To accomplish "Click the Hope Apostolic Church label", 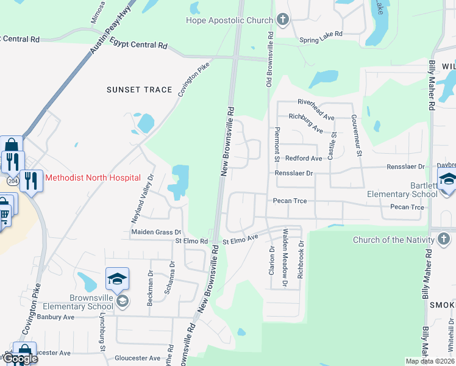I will click(x=229, y=21).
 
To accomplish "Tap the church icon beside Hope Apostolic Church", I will click(x=282, y=20).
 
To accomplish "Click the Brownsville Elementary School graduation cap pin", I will click(x=117, y=280).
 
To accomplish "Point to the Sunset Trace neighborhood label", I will click(x=140, y=90).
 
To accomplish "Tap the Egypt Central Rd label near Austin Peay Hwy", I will click(x=138, y=43).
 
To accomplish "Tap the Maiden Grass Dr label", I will click(x=157, y=232).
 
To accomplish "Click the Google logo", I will click(x=20, y=359).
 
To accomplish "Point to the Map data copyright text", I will click(x=429, y=361).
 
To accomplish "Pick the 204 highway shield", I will click(x=13, y=181).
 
